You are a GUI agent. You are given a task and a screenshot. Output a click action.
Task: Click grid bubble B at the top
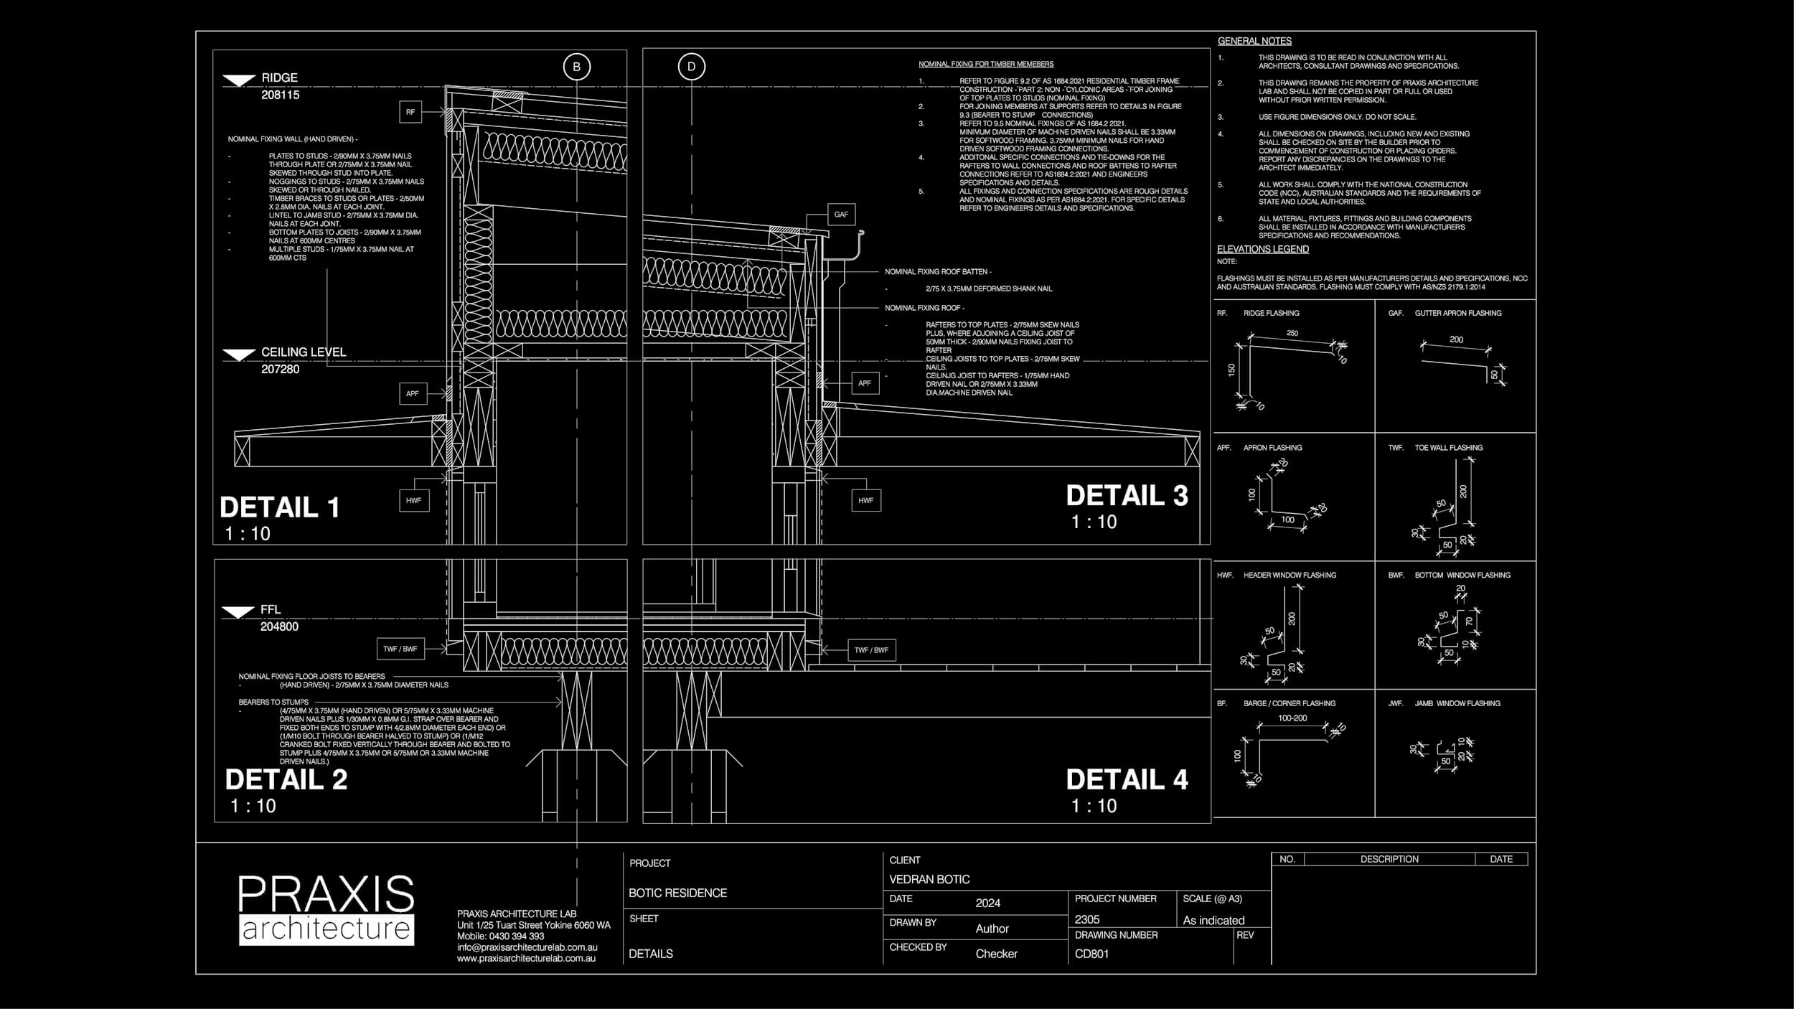(x=576, y=67)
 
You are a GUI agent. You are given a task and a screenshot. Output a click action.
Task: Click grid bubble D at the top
(x=691, y=67)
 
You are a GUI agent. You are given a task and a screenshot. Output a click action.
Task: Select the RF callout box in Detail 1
(x=410, y=112)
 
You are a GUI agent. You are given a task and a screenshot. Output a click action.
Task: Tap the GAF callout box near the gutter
(x=841, y=214)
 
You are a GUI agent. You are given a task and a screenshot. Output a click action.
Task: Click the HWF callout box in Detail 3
(x=865, y=500)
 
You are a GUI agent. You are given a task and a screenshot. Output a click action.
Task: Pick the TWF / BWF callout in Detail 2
(x=400, y=649)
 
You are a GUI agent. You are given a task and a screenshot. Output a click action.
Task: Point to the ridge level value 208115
(x=280, y=95)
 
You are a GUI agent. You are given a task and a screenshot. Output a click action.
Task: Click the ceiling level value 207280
(x=280, y=369)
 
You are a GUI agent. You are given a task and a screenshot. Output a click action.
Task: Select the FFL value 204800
(x=279, y=626)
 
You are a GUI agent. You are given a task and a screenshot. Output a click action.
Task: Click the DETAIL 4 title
(x=1127, y=779)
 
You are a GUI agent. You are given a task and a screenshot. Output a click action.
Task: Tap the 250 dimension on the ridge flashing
(x=1292, y=333)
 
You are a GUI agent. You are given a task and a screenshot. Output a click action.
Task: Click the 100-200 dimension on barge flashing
(x=1292, y=718)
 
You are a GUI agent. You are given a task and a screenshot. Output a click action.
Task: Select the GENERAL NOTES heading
(x=1254, y=41)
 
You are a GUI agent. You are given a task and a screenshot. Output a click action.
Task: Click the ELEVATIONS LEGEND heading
(x=1262, y=249)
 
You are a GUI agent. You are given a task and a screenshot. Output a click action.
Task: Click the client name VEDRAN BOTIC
(x=929, y=879)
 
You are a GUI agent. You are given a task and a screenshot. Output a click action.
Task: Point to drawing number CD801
(x=1091, y=954)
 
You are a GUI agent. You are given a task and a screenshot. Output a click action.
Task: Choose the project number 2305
(x=1086, y=919)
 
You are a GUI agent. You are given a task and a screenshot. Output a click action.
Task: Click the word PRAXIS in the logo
(x=326, y=894)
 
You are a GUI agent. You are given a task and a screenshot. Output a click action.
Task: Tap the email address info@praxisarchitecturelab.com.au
(x=527, y=947)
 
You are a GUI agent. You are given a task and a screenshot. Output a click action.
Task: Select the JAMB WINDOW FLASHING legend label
(x=1457, y=703)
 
